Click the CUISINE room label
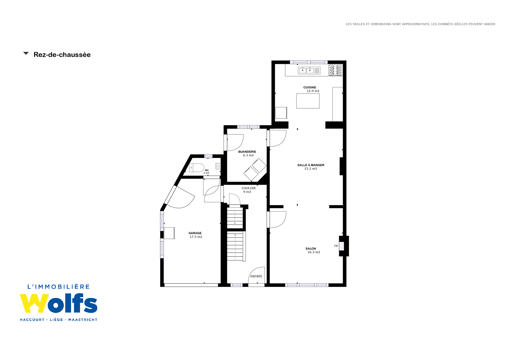[x=309, y=87]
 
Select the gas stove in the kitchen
[x=335, y=70]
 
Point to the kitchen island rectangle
[x=308, y=101]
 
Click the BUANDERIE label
[x=247, y=152]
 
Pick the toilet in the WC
[x=197, y=168]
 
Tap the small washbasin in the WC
[x=218, y=166]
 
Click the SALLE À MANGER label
[x=311, y=165]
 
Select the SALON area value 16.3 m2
[x=314, y=252]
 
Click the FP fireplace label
[x=336, y=246]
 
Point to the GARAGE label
[x=195, y=233]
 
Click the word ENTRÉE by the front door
[x=256, y=276]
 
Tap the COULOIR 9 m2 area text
[x=247, y=192]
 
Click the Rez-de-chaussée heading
[x=62, y=55]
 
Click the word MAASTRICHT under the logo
[x=83, y=319]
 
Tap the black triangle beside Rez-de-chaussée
[x=26, y=53]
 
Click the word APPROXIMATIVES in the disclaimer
[x=416, y=24]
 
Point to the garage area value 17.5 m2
[x=196, y=237]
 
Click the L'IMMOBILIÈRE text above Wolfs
[x=59, y=286]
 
